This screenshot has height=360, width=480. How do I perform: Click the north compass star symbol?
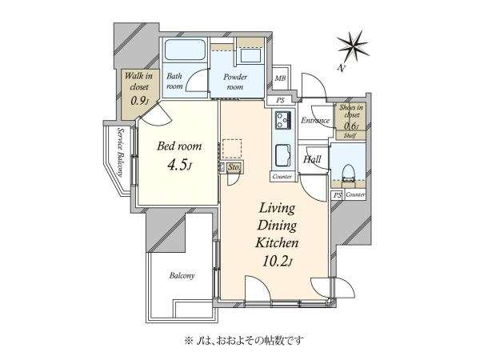pyautogui.click(x=353, y=45)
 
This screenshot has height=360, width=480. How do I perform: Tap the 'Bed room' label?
pyautogui.click(x=178, y=147)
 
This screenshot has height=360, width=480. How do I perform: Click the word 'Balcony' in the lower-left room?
pyautogui.click(x=182, y=276)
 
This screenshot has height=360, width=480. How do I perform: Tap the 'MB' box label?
pyautogui.click(x=280, y=78)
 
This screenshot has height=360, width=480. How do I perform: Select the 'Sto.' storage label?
pyautogui.click(x=234, y=168)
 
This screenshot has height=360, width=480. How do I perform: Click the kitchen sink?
pyautogui.click(x=283, y=153)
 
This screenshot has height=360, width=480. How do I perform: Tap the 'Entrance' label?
pyautogui.click(x=315, y=121)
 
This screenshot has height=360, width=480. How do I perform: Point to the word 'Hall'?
pyautogui.click(x=312, y=160)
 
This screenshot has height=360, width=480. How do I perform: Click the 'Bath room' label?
pyautogui.click(x=175, y=81)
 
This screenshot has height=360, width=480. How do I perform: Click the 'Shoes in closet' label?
pyautogui.click(x=350, y=112)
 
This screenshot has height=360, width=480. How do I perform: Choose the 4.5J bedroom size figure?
pyautogui.click(x=178, y=166)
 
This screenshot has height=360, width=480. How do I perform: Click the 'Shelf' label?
pyautogui.click(x=350, y=137)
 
